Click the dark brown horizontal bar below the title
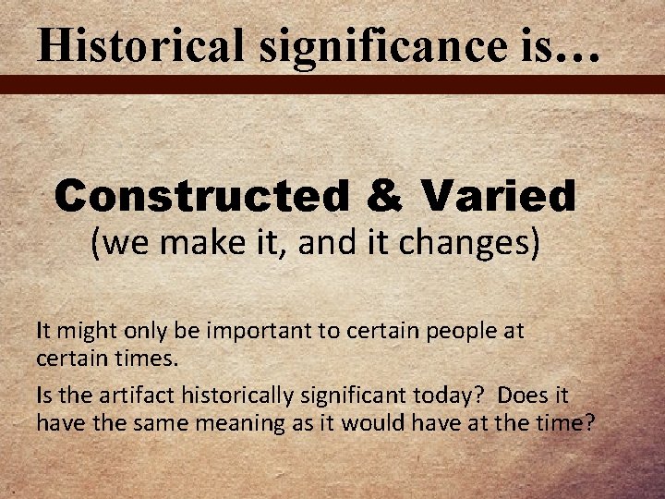[332, 85]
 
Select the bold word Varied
[498, 195]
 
